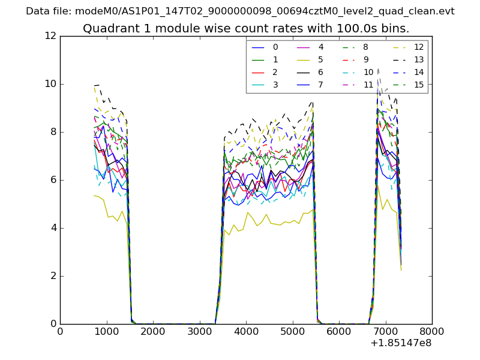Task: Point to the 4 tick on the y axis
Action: [x=53, y=228]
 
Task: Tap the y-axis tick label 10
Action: [x=50, y=84]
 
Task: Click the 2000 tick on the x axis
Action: [x=153, y=331]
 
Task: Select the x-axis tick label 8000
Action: [x=432, y=331]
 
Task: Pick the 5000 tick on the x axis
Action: [x=292, y=331]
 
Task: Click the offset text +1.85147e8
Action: [x=401, y=343]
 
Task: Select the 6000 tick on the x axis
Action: [x=339, y=331]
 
